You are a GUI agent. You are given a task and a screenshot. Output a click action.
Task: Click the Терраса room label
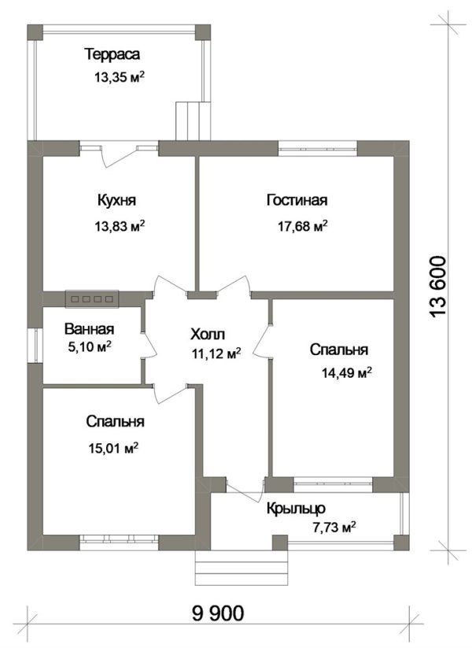point(112,54)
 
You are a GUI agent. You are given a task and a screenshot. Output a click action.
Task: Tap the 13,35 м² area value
point(120,77)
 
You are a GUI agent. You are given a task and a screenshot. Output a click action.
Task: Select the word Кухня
point(116,201)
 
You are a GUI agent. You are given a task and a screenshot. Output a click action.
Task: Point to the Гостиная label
point(297,200)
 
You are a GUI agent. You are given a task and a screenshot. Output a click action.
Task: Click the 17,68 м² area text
point(303,226)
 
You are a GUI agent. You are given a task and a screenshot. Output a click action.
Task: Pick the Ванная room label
point(89,329)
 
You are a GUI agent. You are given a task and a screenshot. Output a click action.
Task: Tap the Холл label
point(208,334)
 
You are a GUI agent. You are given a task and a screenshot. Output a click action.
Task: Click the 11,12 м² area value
point(216,354)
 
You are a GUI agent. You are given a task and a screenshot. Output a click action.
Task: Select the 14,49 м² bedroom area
point(347,373)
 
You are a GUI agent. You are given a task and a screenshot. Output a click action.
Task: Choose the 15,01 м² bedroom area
point(113,448)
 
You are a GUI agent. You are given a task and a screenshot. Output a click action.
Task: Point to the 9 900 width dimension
point(218,613)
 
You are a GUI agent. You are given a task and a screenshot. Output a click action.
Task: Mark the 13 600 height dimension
point(438,287)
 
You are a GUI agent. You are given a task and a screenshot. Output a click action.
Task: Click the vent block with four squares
point(92,298)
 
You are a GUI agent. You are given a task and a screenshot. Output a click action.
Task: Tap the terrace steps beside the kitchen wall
point(194,120)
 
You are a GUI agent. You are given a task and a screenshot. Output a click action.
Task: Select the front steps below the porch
point(242,568)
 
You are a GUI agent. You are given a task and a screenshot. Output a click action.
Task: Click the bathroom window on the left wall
point(35,346)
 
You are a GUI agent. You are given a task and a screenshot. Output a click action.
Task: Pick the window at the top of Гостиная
point(318,148)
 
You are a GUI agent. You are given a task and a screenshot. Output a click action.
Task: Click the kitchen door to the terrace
point(119,154)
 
